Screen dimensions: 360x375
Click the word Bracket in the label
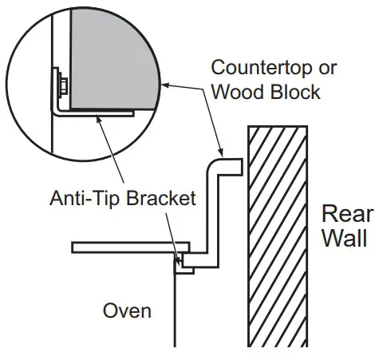(162, 198)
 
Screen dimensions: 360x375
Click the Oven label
(127, 309)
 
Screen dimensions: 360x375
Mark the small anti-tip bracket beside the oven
(184, 263)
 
